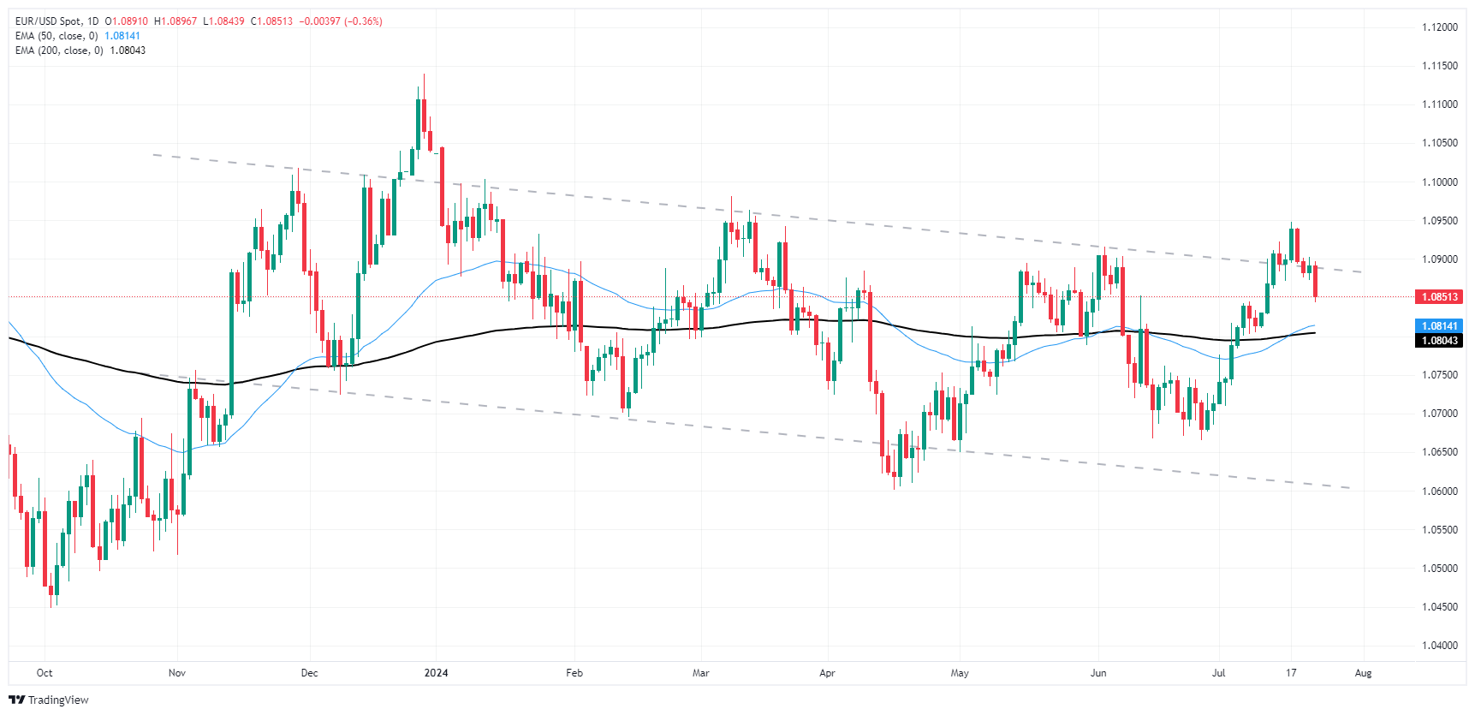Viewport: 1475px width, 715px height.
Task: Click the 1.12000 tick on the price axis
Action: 1439,27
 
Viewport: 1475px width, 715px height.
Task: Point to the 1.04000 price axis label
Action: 1439,646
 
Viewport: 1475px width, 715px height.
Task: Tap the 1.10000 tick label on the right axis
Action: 1439,182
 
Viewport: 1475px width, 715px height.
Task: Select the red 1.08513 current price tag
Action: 1439,297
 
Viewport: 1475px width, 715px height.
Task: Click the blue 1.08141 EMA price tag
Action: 1439,326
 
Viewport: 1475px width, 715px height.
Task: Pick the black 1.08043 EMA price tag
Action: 1439,341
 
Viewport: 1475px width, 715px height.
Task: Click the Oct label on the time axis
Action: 45,673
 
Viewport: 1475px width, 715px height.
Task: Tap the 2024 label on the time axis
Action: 437,673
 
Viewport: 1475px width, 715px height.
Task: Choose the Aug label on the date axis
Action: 1363,673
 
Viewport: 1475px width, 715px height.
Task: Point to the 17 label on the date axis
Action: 1291,673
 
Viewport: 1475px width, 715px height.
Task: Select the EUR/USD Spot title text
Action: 49,21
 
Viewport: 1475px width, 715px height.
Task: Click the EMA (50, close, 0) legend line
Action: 57,36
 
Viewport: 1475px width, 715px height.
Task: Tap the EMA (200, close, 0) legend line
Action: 59,51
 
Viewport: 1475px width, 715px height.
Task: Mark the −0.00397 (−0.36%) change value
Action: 341,21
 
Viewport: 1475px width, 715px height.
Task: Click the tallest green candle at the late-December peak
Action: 419,124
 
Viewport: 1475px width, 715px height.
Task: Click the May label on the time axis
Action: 960,673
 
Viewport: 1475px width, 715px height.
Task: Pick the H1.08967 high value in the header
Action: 175,21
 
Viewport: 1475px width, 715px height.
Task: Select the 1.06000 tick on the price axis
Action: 1439,492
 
